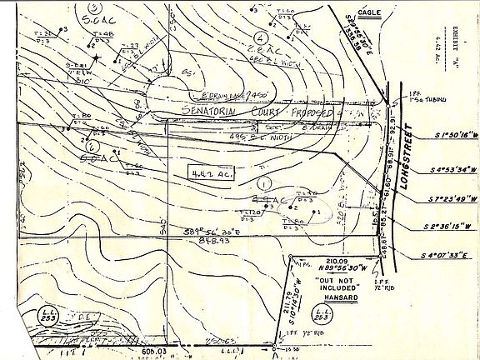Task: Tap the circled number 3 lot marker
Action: point(92,8)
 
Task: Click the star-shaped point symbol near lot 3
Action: point(97,57)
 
